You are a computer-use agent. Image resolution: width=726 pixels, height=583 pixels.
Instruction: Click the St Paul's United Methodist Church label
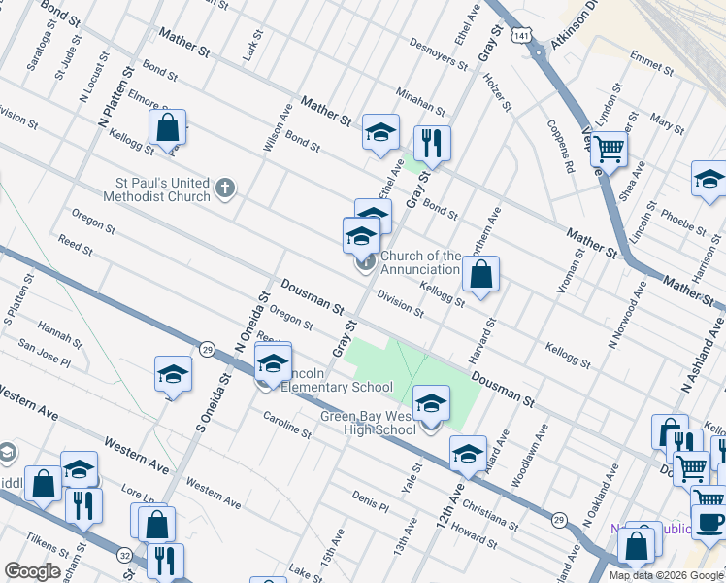click(x=162, y=189)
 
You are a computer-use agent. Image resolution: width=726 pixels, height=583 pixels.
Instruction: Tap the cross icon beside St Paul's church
click(x=225, y=188)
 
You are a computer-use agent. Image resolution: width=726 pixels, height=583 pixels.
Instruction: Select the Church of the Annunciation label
click(x=419, y=262)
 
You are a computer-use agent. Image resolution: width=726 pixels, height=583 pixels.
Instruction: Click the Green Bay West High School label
click(x=369, y=424)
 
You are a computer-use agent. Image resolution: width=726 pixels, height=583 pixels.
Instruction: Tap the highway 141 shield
click(x=522, y=35)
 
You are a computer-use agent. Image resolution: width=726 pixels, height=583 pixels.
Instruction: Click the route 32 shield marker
click(x=124, y=555)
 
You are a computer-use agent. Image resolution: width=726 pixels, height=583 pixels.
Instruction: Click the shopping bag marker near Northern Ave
click(x=480, y=274)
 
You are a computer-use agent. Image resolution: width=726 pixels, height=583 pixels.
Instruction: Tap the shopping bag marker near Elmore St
click(x=167, y=126)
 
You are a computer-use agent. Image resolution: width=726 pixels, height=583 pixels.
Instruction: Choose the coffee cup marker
click(x=709, y=522)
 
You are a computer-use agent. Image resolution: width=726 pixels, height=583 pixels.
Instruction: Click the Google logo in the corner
click(x=33, y=571)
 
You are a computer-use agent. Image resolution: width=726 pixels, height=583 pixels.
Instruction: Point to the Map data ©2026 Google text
click(x=667, y=575)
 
